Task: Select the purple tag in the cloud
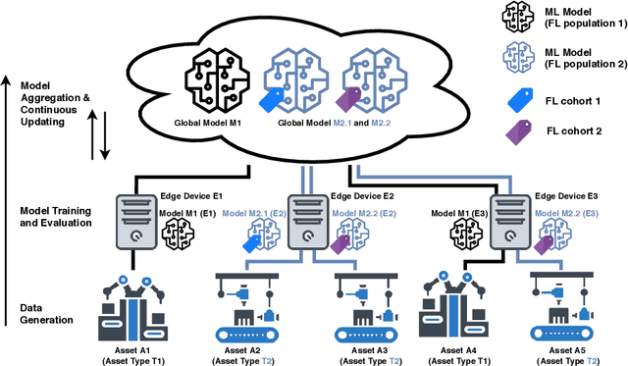pyautogui.click(x=349, y=101)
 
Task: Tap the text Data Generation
pyautogui.click(x=45, y=314)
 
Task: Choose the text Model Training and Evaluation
pyautogui.click(x=57, y=217)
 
